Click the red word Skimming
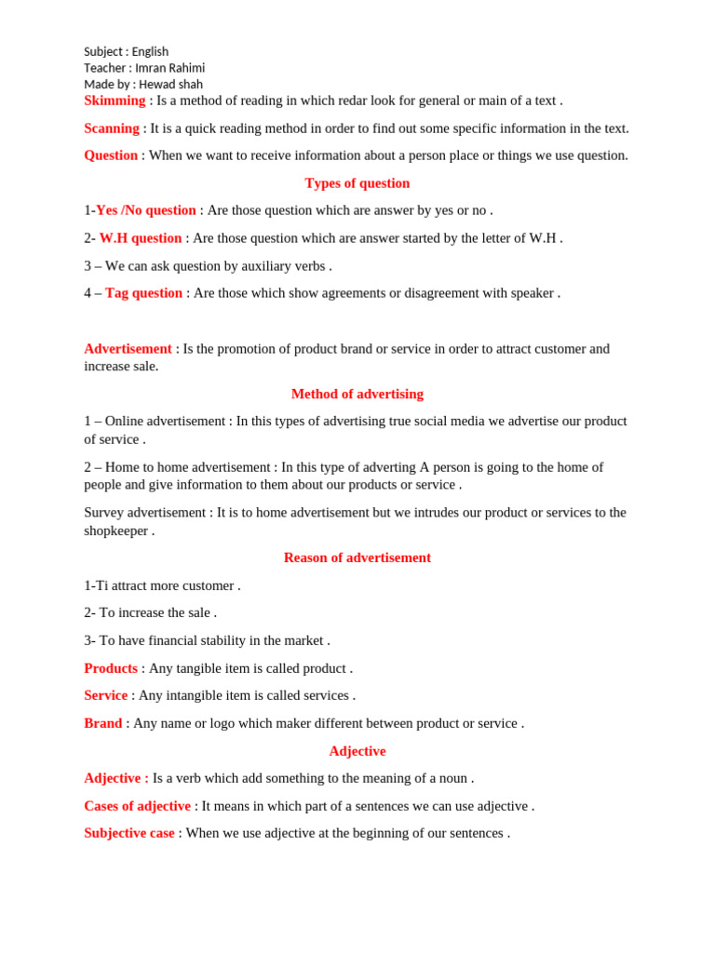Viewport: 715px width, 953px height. [x=115, y=101]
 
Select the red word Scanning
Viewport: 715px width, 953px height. [x=112, y=128]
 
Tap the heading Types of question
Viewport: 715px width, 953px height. [x=357, y=183]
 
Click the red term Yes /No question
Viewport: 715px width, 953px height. [x=146, y=210]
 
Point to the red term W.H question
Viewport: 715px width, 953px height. [x=141, y=238]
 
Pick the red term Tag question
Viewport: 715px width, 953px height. [x=143, y=293]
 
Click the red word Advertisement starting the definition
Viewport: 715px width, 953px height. [x=128, y=349]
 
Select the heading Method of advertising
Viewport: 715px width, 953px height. [x=357, y=394]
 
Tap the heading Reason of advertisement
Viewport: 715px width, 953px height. [x=357, y=557]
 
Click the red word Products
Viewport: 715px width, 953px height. [x=111, y=668]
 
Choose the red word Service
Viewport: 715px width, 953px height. [x=105, y=695]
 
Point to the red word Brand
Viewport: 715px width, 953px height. [x=102, y=723]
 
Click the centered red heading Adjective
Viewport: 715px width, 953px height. [x=357, y=751]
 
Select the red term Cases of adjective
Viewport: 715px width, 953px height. [x=137, y=806]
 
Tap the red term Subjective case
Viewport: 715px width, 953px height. [x=129, y=833]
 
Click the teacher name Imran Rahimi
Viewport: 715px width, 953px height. [x=169, y=68]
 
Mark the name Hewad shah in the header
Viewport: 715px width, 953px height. [x=170, y=84]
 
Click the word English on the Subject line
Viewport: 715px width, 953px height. [x=150, y=52]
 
